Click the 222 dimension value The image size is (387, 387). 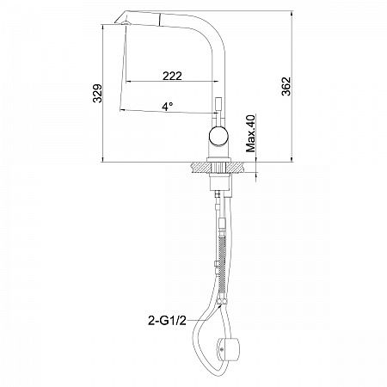click(172, 76)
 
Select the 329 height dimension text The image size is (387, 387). click(97, 93)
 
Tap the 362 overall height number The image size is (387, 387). click(286, 86)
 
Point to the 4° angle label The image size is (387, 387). click(167, 107)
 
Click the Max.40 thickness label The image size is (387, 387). click(250, 133)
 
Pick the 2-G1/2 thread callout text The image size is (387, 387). click(167, 321)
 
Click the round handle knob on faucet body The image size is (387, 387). click(218, 136)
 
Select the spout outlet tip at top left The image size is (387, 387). click(122, 20)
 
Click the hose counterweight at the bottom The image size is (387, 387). click(228, 350)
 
